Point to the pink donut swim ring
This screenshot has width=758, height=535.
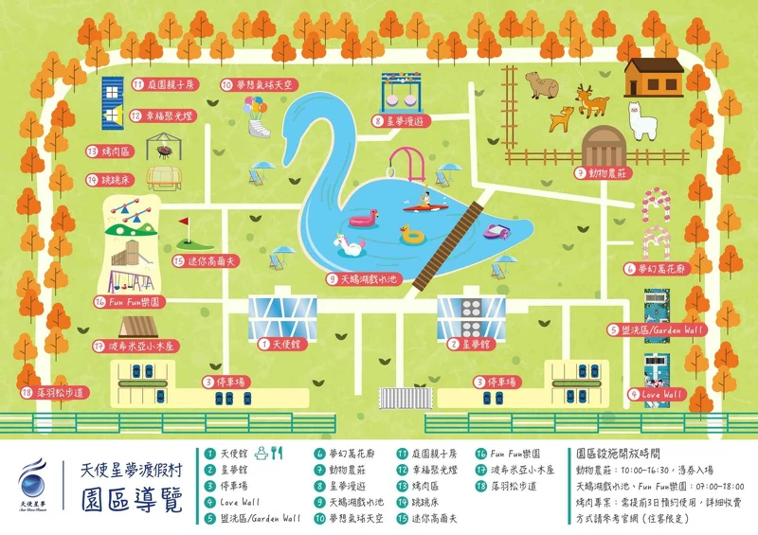(x=362, y=221)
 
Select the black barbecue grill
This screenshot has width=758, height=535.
(x=167, y=150)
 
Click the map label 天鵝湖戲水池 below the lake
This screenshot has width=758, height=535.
(x=376, y=278)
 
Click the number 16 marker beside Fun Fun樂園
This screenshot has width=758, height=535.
(x=100, y=302)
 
